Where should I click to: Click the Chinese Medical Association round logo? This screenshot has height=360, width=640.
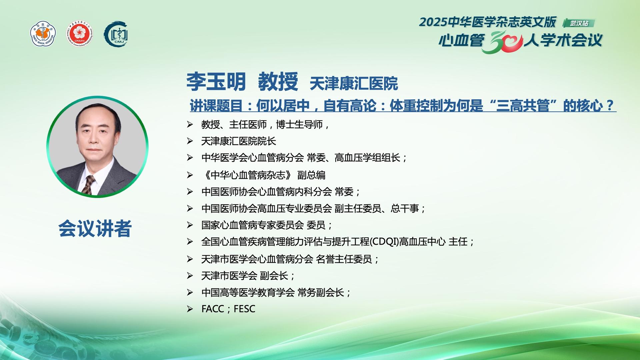pos(43,34)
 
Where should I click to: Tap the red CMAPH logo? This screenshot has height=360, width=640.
pos(79,34)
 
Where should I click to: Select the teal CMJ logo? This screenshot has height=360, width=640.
pos(116,34)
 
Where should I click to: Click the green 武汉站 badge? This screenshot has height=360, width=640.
pos(579,23)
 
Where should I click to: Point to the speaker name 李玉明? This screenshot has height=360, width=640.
pos(216,82)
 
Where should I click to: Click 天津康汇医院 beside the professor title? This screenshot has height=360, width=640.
pos(354,83)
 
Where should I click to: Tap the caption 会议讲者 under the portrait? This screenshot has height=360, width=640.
pos(95,228)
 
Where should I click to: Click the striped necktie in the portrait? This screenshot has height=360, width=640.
pos(89,184)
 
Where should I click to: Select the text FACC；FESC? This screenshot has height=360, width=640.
pos(228,309)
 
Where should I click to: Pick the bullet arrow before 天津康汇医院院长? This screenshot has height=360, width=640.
pos(190,141)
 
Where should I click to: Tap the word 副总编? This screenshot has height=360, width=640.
pos(311,175)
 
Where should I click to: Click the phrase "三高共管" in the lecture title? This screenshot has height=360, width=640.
pos(523,106)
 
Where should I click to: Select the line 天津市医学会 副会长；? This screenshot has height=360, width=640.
pos(248,276)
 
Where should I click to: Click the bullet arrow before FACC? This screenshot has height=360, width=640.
pos(190,309)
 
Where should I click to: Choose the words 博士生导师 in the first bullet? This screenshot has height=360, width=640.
pos(299,125)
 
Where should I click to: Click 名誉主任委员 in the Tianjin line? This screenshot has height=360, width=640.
pos(344,259)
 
